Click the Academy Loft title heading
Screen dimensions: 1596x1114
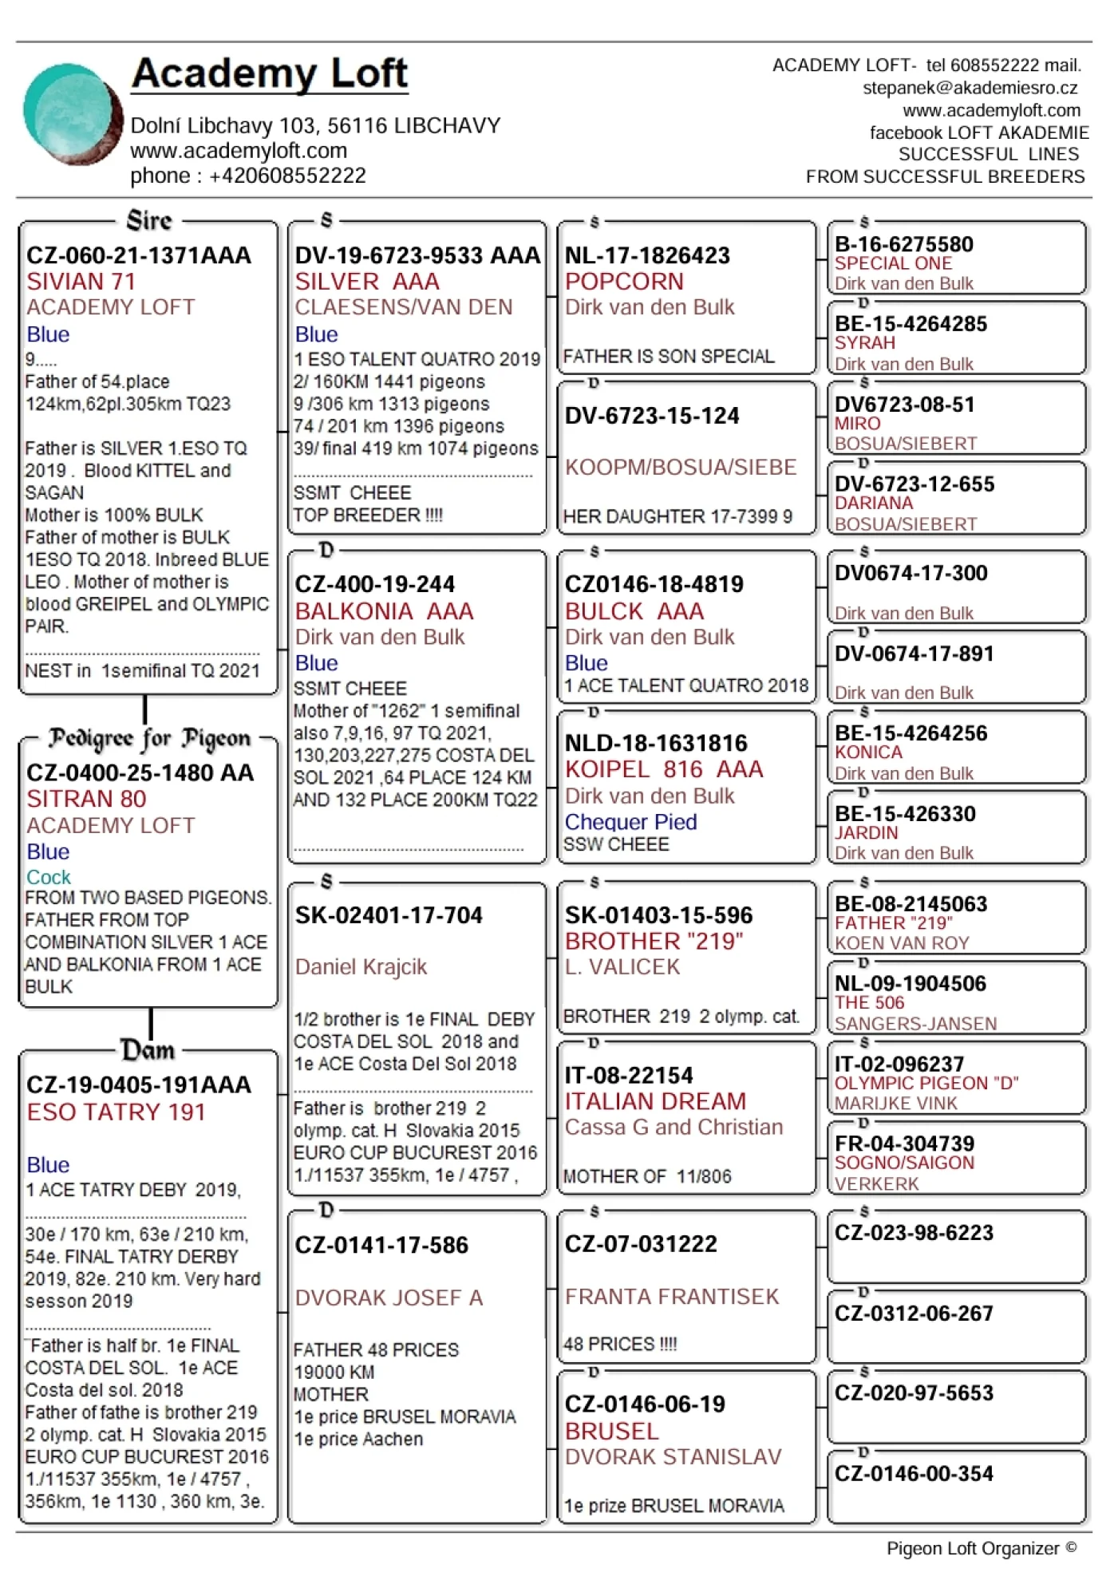click(270, 73)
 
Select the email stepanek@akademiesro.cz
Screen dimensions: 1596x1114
click(970, 88)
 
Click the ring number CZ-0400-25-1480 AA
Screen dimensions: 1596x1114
click(140, 772)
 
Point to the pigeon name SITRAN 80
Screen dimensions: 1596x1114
click(86, 799)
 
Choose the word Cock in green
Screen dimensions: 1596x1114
click(49, 877)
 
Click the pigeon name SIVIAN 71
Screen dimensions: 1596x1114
click(81, 282)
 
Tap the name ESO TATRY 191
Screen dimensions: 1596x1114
click(116, 1112)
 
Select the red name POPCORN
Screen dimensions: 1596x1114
click(624, 282)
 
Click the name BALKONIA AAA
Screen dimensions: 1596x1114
click(384, 611)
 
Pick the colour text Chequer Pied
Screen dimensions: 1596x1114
click(630, 822)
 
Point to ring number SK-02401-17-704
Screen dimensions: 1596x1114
click(389, 915)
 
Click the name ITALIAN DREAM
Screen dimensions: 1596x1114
click(655, 1101)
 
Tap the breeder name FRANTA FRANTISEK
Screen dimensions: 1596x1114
click(672, 1297)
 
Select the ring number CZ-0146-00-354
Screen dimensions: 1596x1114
click(914, 1474)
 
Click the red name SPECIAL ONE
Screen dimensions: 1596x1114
click(893, 264)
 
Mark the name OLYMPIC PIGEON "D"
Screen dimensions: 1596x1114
click(926, 1084)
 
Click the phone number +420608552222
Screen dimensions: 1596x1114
click(287, 176)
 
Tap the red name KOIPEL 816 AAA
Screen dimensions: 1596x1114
click(664, 769)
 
